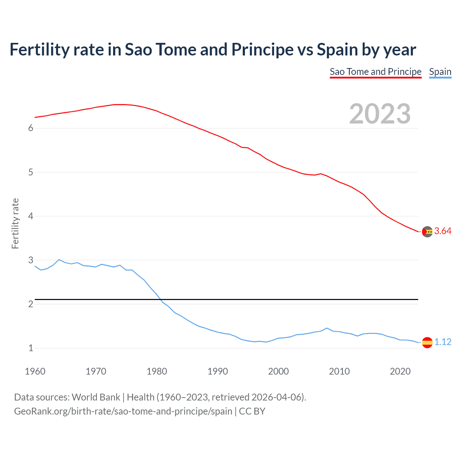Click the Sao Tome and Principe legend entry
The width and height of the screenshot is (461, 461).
click(x=375, y=72)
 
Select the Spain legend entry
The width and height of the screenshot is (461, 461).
click(x=440, y=72)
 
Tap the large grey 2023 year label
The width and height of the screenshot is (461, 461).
click(x=380, y=114)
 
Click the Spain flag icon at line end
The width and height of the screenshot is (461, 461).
click(x=427, y=342)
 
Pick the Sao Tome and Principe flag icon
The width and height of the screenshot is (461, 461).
click(x=427, y=232)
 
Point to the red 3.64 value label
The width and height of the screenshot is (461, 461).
click(x=443, y=231)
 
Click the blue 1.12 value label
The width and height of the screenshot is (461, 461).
click(x=443, y=342)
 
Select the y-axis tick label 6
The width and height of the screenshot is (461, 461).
click(x=31, y=128)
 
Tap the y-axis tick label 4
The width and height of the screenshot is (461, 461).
click(x=31, y=216)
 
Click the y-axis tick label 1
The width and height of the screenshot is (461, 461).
click(x=31, y=348)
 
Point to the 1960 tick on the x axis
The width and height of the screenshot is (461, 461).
click(x=35, y=371)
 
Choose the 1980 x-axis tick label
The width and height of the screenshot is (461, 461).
click(x=157, y=371)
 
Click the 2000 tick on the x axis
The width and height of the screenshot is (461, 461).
click(x=278, y=371)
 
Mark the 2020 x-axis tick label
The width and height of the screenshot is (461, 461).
click(x=400, y=371)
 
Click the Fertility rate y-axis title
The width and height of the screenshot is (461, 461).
click(x=15, y=223)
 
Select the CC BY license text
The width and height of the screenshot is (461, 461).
click(x=252, y=411)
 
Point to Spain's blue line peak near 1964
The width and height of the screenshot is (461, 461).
click(x=59, y=259)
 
